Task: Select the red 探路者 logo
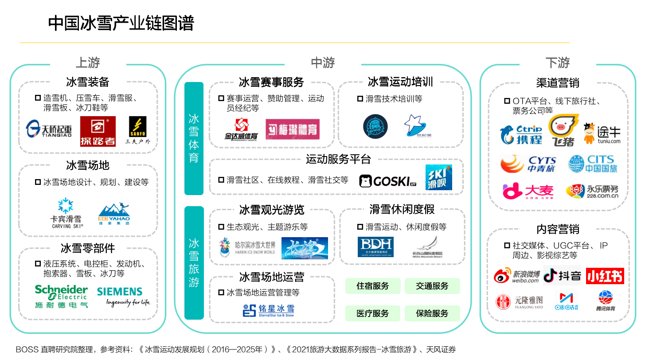coord(98,131)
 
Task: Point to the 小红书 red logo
coord(605,276)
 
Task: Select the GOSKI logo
coord(387,181)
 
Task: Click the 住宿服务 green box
coord(373,286)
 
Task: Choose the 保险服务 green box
coord(432,313)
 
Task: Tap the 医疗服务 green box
coord(373,313)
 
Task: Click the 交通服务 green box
coord(432,286)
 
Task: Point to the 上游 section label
coord(88,63)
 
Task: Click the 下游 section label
coord(558,63)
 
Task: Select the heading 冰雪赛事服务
coord(271,82)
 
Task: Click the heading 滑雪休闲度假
coord(402,209)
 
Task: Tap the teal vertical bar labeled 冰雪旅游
coord(194,262)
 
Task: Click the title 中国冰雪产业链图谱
coord(121,23)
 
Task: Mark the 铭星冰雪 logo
coord(269,310)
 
